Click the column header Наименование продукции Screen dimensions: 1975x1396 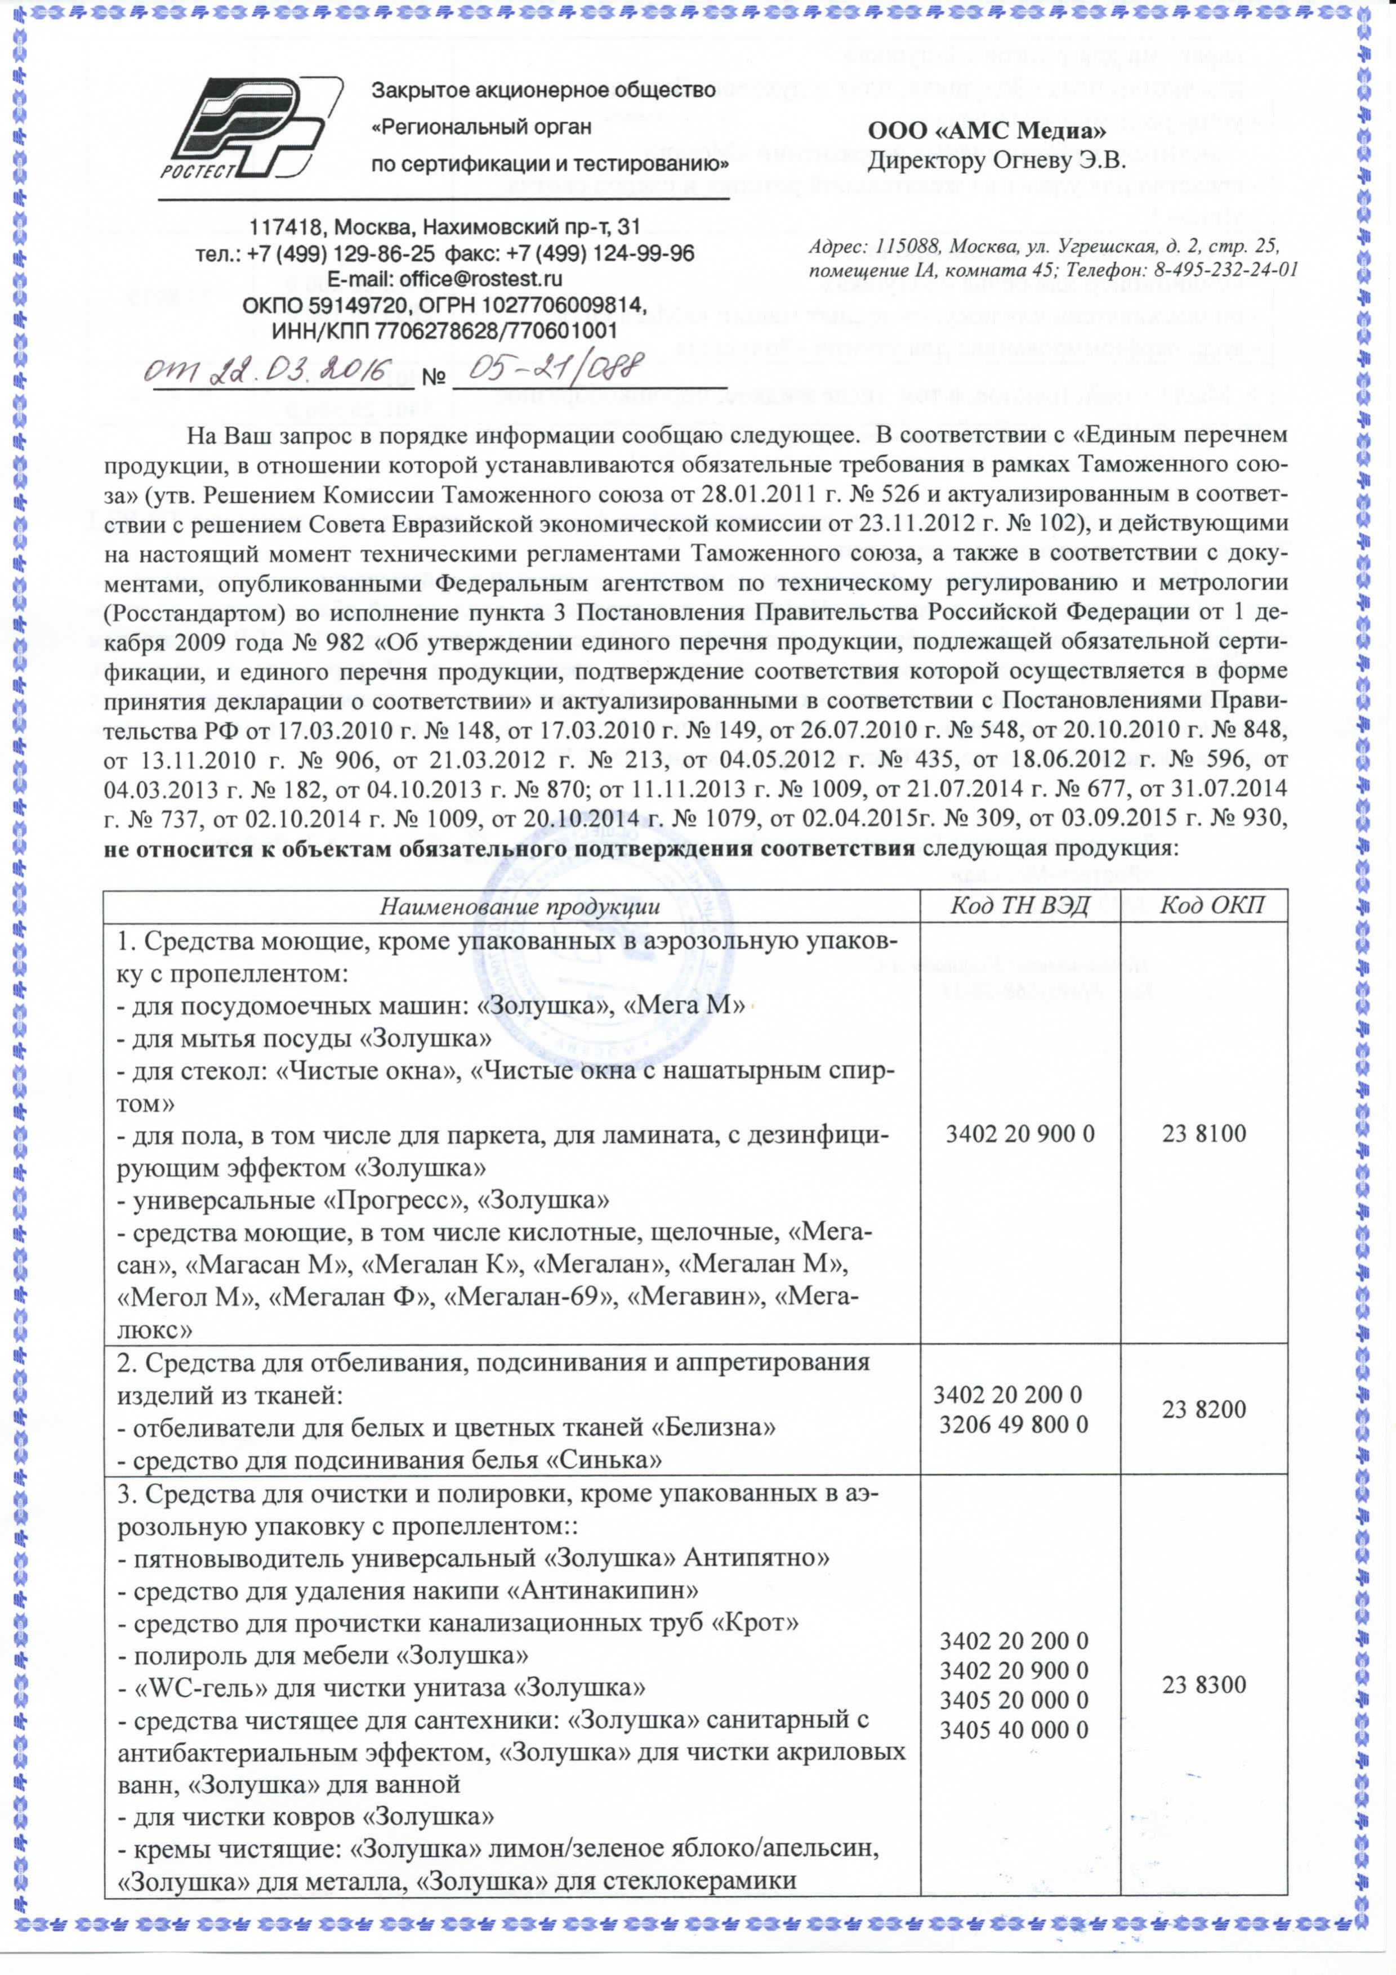point(520,906)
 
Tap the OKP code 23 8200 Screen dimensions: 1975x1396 point(1204,1409)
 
